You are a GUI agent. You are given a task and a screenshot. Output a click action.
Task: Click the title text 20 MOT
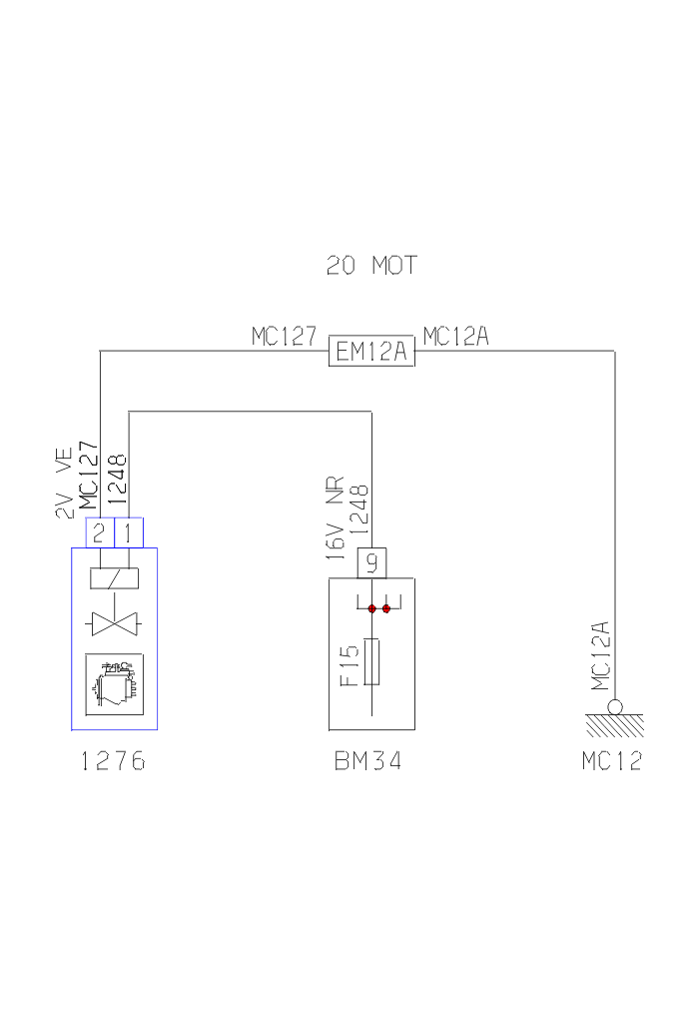pos(371,266)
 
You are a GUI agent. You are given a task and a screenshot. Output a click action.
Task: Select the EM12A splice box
pos(371,351)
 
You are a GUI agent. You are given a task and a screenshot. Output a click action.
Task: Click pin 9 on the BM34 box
pos(371,563)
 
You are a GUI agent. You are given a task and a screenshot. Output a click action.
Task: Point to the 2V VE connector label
pos(64,484)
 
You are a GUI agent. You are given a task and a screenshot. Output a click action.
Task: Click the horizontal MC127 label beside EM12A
pos(285,337)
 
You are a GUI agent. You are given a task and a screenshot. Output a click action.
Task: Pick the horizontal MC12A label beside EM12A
pos(455,337)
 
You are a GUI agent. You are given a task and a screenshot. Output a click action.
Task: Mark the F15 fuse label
pos(349,666)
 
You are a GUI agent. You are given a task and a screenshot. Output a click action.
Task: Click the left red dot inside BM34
pos(371,608)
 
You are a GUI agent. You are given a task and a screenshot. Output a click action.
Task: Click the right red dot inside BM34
pos(386,608)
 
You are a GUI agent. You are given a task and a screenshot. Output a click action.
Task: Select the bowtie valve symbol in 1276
pos(114,625)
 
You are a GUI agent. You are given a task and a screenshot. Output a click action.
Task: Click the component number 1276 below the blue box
pos(113,762)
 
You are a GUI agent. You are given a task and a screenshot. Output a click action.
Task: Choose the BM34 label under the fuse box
pos(368,762)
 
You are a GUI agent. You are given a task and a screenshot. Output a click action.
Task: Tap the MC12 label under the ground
pos(612,762)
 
